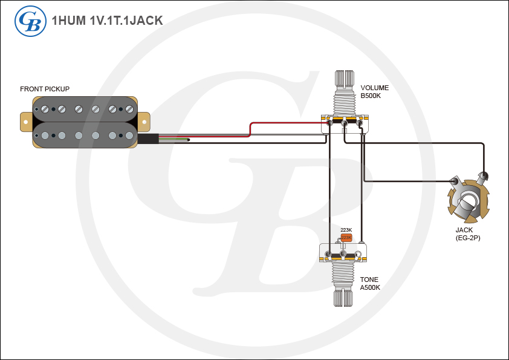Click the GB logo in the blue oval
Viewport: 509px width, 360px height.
[x=28, y=21]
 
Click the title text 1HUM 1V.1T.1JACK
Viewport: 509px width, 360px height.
[x=108, y=21]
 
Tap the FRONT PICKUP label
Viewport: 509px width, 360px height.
[x=45, y=89]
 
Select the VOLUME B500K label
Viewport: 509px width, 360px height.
[x=375, y=91]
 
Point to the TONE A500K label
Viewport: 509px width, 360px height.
[x=370, y=283]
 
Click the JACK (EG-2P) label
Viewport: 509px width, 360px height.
[x=468, y=234]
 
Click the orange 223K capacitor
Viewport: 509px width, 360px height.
[x=346, y=238]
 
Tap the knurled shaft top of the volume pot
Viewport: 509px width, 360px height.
[x=344, y=79]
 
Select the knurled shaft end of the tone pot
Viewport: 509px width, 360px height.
[x=343, y=298]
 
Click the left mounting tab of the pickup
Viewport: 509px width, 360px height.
[x=25, y=121]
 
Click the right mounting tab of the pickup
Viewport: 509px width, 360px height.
[x=144, y=121]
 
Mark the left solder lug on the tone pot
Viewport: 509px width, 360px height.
[x=328, y=253]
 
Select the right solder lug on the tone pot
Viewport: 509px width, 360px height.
[x=360, y=253]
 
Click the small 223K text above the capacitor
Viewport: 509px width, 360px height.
[x=346, y=230]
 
